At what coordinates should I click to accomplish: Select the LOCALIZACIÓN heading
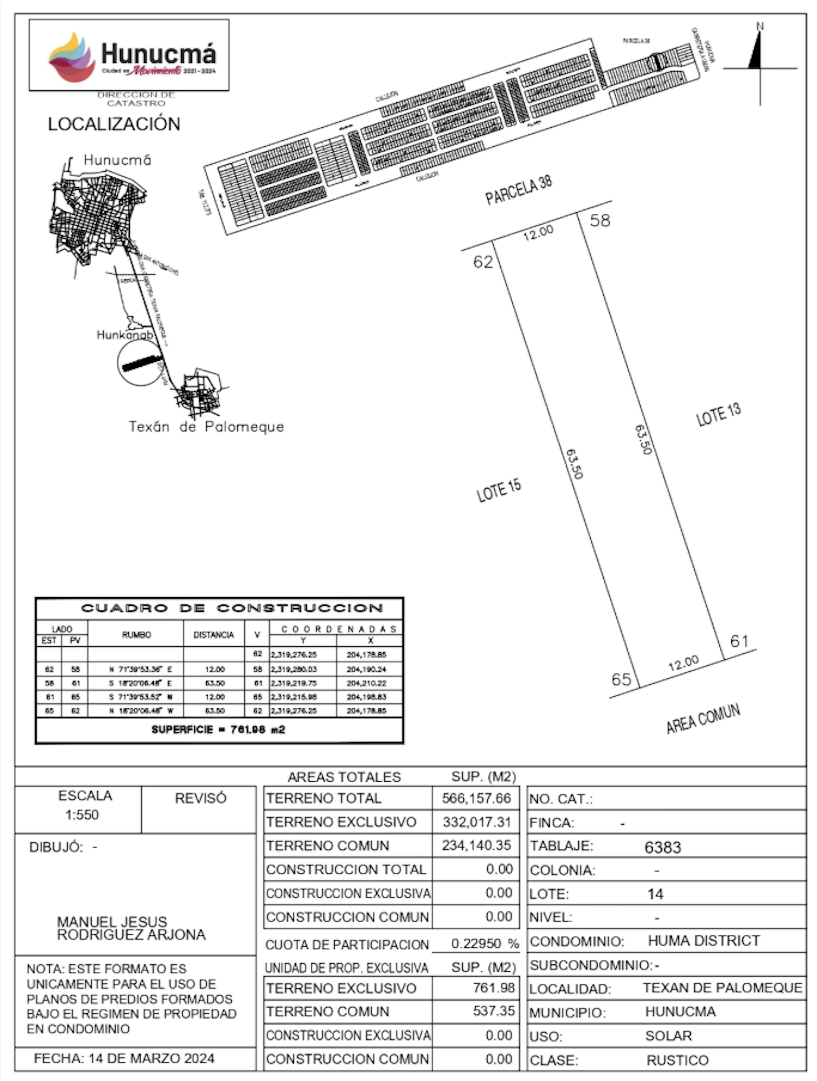click(x=114, y=124)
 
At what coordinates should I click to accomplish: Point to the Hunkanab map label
click(x=125, y=335)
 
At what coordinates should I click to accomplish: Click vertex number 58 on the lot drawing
click(x=600, y=220)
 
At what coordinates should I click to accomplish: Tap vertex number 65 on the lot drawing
click(x=621, y=679)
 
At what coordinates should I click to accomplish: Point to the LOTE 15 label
click(x=499, y=491)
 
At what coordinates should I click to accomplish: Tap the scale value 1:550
click(x=82, y=815)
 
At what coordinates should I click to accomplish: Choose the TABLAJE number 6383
click(x=663, y=847)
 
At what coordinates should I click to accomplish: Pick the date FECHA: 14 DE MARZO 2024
click(x=124, y=1058)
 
